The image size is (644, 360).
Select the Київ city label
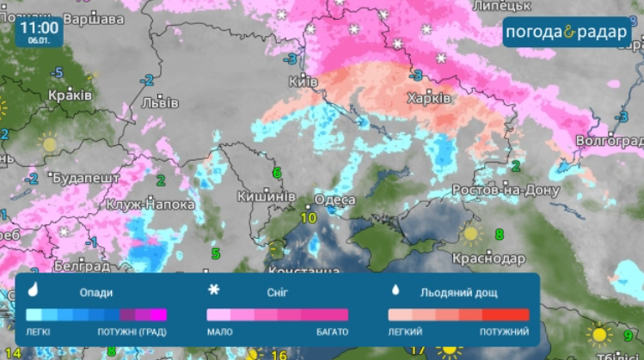click(304, 81)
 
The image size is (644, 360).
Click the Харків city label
click(429, 99)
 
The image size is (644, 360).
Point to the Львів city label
click(161, 102)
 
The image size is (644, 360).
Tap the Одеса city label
click(334, 200)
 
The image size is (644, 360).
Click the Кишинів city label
click(267, 196)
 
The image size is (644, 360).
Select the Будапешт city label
click(86, 179)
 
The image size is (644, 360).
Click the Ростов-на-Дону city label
click(507, 190)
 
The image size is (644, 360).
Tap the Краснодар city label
click(488, 258)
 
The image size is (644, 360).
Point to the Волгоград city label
click(608, 139)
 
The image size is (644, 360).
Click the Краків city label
click(71, 95)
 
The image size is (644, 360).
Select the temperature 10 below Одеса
click(308, 217)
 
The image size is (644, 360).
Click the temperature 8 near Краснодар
click(499, 234)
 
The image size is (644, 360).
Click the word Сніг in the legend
click(276, 292)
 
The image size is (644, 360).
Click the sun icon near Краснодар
click(470, 232)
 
